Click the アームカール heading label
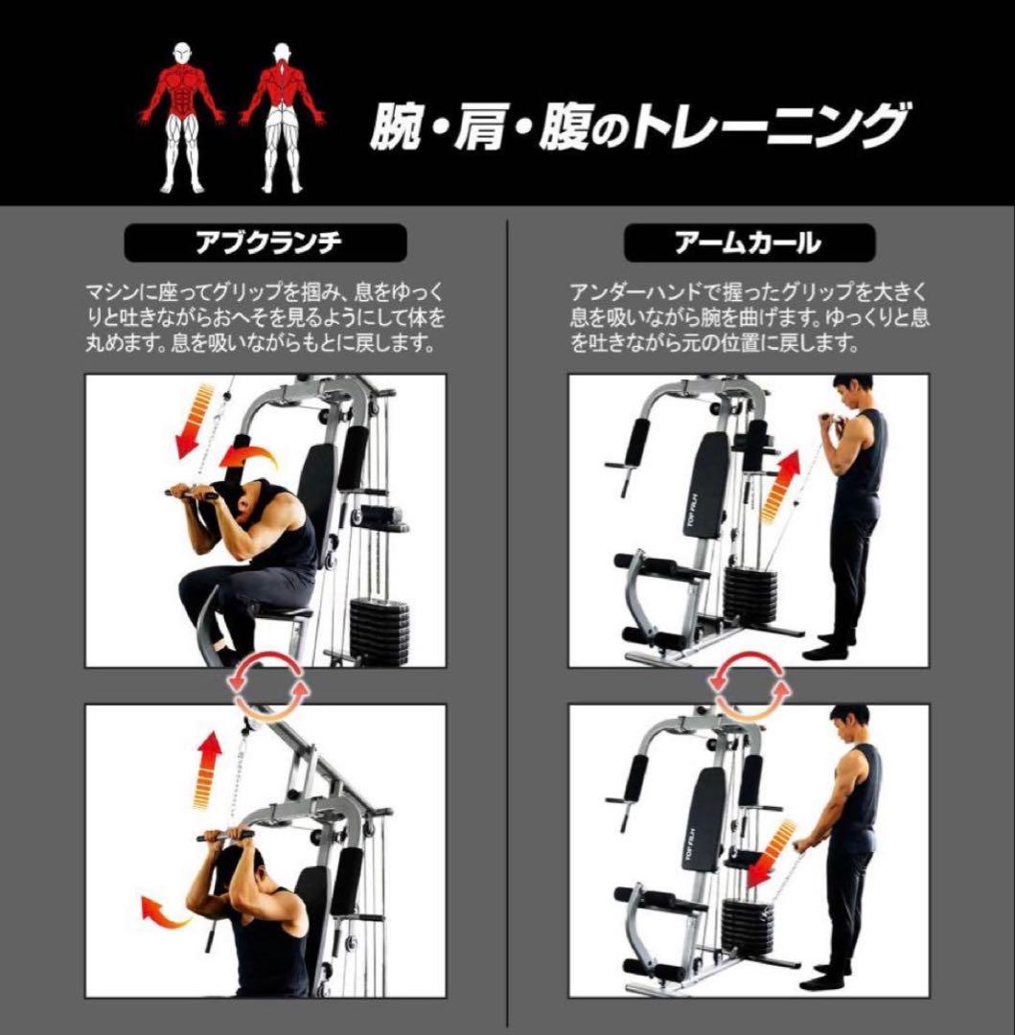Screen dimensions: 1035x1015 [x=750, y=243]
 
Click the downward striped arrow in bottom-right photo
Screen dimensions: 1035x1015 [x=773, y=854]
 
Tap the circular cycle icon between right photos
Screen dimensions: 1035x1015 [x=750, y=685]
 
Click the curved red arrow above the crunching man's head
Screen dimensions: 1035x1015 [x=248, y=457]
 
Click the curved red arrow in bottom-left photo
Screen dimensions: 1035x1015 [x=166, y=909]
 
